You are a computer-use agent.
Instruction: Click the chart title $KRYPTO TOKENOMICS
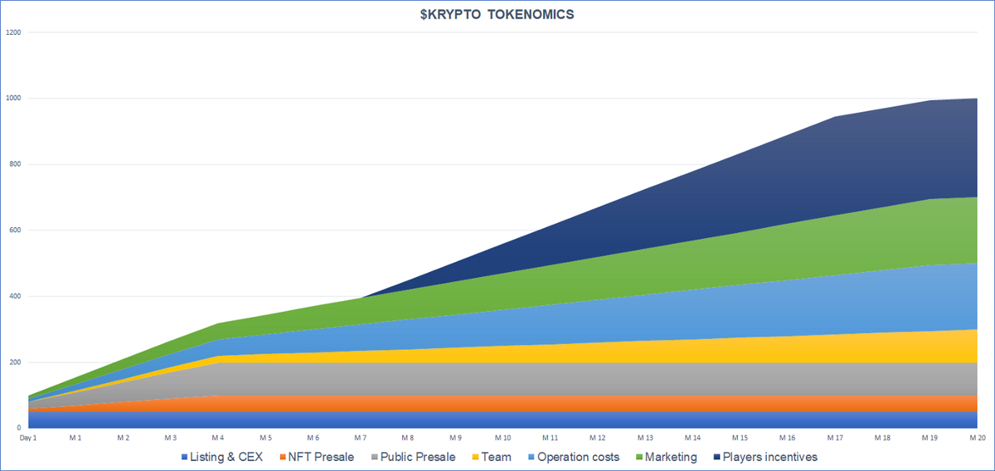[497, 16]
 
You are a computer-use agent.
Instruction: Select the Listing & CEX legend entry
[221, 457]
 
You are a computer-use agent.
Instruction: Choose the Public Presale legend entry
[416, 457]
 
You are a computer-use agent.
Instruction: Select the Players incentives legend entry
[764, 457]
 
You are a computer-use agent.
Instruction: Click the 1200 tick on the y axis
[13, 32]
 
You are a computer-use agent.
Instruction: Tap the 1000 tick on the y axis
[13, 99]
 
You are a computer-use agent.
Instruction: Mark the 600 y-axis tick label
[15, 231]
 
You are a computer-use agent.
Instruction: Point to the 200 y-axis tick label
[15, 362]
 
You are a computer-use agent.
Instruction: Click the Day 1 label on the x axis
[29, 437]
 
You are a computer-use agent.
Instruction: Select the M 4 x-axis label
[218, 437]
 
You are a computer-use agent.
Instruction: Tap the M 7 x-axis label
[361, 437]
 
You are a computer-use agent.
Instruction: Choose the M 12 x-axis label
[597, 437]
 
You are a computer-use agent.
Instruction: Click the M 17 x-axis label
[834, 437]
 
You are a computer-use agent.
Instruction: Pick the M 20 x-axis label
[976, 437]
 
